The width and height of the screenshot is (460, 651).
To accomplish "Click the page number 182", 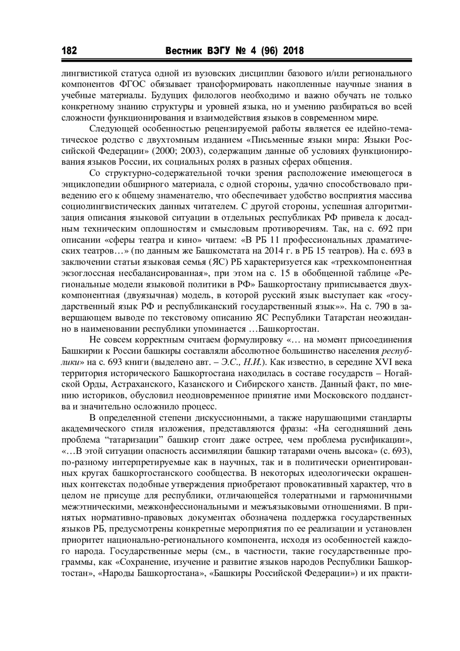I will (x=69, y=51).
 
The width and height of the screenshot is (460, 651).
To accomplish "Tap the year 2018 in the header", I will (x=293, y=51).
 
